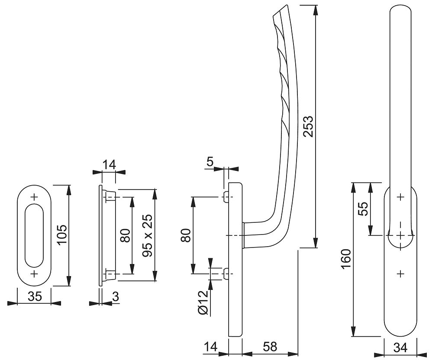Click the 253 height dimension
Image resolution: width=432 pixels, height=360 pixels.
click(x=308, y=126)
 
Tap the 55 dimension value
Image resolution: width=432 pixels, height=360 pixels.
click(x=364, y=209)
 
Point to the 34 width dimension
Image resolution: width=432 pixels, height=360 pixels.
click(x=400, y=347)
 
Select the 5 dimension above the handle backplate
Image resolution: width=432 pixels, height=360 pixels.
click(x=210, y=162)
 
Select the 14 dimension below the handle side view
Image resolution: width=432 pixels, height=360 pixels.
click(x=212, y=347)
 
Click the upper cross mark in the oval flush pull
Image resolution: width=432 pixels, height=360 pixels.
click(x=34, y=197)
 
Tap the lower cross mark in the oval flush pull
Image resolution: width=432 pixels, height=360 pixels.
click(x=34, y=274)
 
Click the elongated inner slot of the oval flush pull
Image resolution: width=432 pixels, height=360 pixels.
click(x=34, y=236)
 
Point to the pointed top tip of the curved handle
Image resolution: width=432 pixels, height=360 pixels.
click(x=284, y=6)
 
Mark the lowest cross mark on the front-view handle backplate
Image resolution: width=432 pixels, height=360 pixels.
click(x=400, y=273)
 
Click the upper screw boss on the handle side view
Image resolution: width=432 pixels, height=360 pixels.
click(x=225, y=197)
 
